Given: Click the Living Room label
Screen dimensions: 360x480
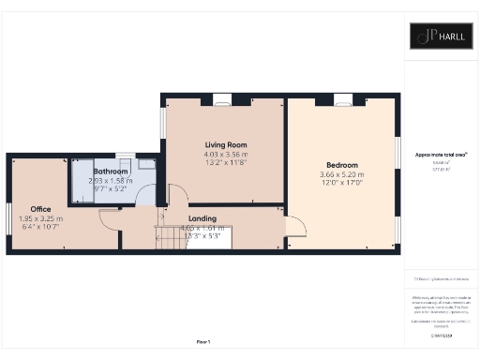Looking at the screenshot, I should coord(225,144).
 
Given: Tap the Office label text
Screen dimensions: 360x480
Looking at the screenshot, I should coord(40,208).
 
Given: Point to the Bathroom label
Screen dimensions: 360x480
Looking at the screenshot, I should coord(109,171).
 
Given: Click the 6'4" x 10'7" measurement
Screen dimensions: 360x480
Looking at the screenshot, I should coord(40,227).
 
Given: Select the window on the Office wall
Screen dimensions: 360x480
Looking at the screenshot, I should coord(10,225).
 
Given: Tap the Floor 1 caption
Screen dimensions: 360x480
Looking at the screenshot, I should coord(202,342).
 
